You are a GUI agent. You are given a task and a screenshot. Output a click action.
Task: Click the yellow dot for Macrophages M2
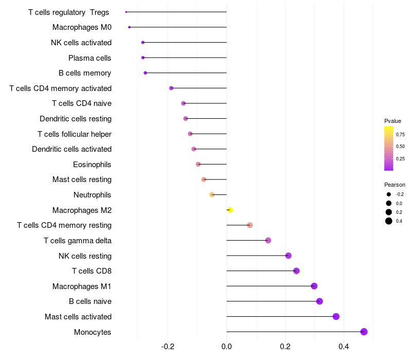coord(230,210)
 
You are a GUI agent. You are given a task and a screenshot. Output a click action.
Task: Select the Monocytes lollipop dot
coord(364,332)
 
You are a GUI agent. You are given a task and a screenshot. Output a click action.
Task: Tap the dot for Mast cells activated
coord(336,316)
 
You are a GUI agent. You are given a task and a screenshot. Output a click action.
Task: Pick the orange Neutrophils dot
coord(212,195)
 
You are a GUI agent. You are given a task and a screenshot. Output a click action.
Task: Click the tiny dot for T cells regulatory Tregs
coord(126,12)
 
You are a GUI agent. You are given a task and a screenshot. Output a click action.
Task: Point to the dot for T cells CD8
coord(296,271)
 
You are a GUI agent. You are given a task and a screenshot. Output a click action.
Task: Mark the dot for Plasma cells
coord(143,58)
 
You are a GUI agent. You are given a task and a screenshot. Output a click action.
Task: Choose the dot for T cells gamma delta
coord(268,240)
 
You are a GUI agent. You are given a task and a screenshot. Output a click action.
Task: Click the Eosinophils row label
coord(92,165)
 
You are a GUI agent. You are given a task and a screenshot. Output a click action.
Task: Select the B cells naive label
coord(90,301)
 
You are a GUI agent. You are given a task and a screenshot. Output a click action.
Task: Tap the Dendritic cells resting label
coord(76,119)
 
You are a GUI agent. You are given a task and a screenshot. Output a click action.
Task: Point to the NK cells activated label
coord(81,43)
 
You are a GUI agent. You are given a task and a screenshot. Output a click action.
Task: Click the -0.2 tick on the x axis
coord(168,347)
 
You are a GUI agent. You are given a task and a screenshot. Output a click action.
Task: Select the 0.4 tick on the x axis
coord(344,347)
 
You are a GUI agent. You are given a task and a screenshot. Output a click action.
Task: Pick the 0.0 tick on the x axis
coord(227,347)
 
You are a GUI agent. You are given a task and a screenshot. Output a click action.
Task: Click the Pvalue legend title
coord(393,121)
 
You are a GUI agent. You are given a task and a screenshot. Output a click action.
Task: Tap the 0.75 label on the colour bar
coord(400,135)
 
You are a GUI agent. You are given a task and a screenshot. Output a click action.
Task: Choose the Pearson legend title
coord(395,185)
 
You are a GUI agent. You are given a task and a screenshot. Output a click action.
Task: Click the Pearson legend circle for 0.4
coord(389,221)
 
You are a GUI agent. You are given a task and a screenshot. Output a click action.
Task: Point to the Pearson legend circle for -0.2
coord(389,194)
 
